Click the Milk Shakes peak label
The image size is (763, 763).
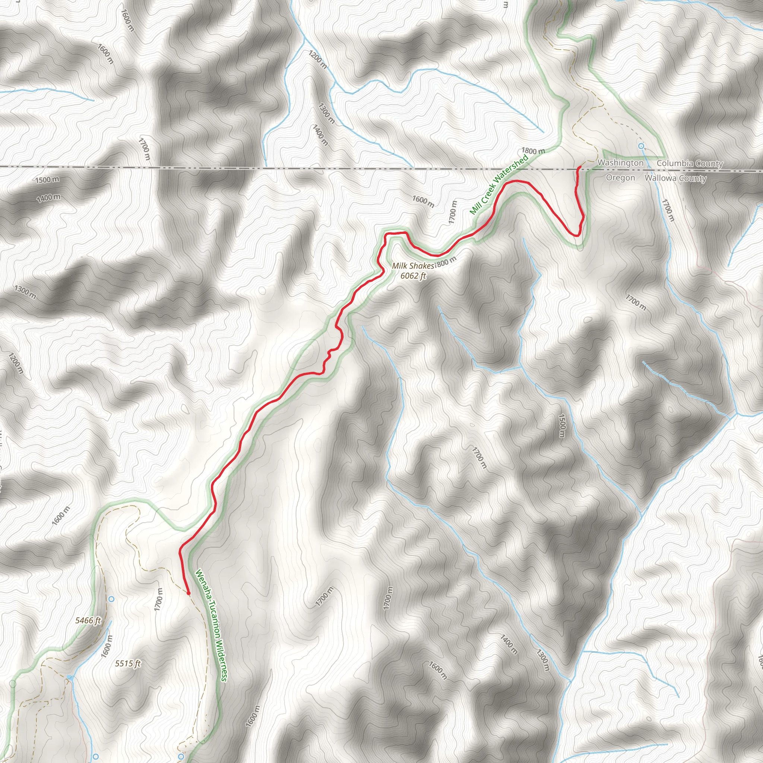(413, 266)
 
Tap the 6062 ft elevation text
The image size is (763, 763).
(413, 276)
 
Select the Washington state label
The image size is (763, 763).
(620, 163)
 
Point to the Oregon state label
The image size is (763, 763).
(620, 178)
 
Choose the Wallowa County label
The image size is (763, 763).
(675, 178)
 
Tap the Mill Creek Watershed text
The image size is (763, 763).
(499, 185)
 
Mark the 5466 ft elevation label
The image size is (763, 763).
(88, 620)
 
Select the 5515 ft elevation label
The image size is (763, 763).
(127, 664)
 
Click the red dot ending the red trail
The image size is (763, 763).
(189, 593)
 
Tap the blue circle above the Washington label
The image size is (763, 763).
(641, 146)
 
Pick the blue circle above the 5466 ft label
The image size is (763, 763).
(111, 599)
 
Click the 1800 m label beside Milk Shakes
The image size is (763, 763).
(446, 262)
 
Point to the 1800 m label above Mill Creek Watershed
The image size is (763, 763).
(533, 151)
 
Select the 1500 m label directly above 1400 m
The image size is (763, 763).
(47, 180)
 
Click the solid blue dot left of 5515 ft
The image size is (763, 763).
(70, 678)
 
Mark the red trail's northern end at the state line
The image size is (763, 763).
(579, 168)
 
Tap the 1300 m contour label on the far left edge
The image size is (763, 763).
(25, 292)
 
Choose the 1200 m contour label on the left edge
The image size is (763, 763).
(16, 363)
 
